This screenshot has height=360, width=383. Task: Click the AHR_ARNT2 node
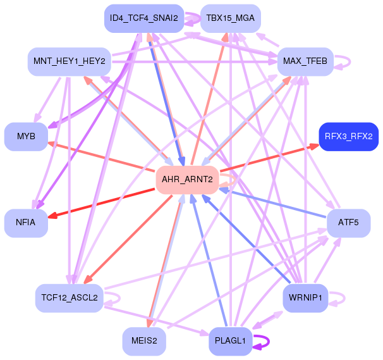click(187, 180)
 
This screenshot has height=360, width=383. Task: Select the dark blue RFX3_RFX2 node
click(349, 137)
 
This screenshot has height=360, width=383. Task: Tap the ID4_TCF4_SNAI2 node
click(144, 18)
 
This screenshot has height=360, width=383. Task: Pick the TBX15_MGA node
click(230, 18)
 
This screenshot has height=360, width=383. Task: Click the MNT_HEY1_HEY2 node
click(70, 61)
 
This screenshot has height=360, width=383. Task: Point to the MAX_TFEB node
click(305, 61)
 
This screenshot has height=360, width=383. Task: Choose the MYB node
click(26, 137)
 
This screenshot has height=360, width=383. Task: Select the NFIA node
click(26, 223)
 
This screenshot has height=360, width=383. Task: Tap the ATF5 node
click(349, 223)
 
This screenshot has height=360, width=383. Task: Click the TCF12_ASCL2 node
click(70, 298)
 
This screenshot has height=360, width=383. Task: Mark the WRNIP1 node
click(305, 298)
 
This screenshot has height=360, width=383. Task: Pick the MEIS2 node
click(144, 341)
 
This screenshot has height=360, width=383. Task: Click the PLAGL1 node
click(230, 341)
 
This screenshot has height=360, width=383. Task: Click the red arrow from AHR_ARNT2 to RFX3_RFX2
click(269, 158)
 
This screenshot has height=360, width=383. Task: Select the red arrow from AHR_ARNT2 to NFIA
click(101, 203)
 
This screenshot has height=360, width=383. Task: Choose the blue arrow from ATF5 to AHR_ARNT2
click(272, 204)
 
